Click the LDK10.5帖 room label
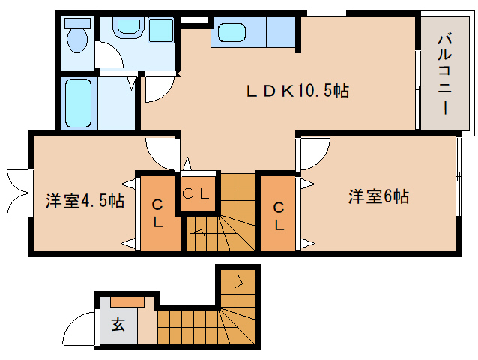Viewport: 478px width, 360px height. pyautogui.click(x=298, y=91)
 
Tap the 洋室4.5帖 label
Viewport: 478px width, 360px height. pyautogui.click(x=85, y=201)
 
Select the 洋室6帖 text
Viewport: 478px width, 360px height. pyautogui.click(x=378, y=196)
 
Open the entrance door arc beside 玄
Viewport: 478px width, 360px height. pyautogui.click(x=79, y=329)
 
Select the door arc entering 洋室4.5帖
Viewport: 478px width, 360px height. pyautogui.click(x=160, y=154)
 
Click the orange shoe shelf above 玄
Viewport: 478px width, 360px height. pyautogui.click(x=128, y=301)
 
